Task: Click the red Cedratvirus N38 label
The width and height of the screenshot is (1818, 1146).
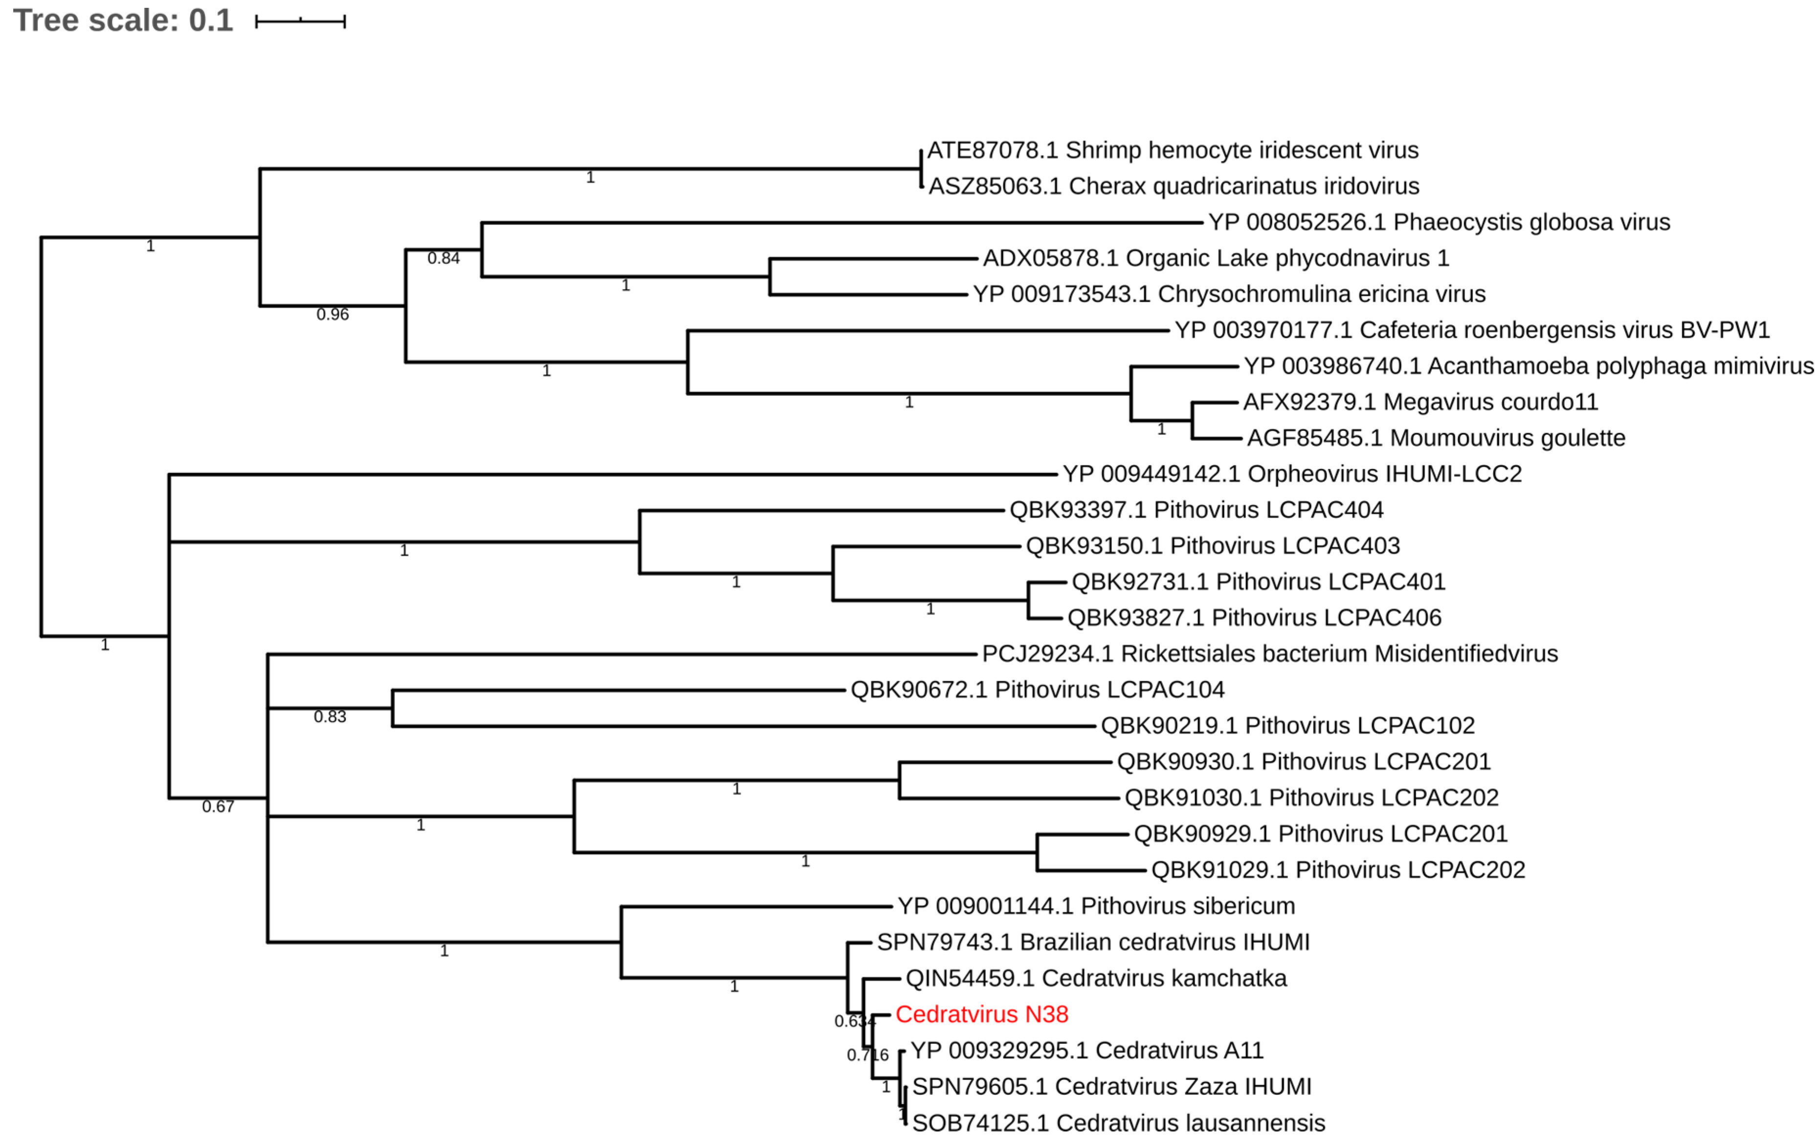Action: (x=981, y=1014)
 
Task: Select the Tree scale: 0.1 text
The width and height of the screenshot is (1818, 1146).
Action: (x=123, y=21)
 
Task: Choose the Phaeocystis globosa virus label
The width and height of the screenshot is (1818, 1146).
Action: (x=1439, y=222)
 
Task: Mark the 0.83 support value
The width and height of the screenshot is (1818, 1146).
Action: (x=330, y=716)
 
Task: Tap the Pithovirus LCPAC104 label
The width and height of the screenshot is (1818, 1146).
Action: (x=1037, y=689)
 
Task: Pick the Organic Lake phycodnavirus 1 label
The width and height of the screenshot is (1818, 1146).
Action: (x=1216, y=258)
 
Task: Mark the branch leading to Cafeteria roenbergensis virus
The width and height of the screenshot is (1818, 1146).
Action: (x=928, y=330)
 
